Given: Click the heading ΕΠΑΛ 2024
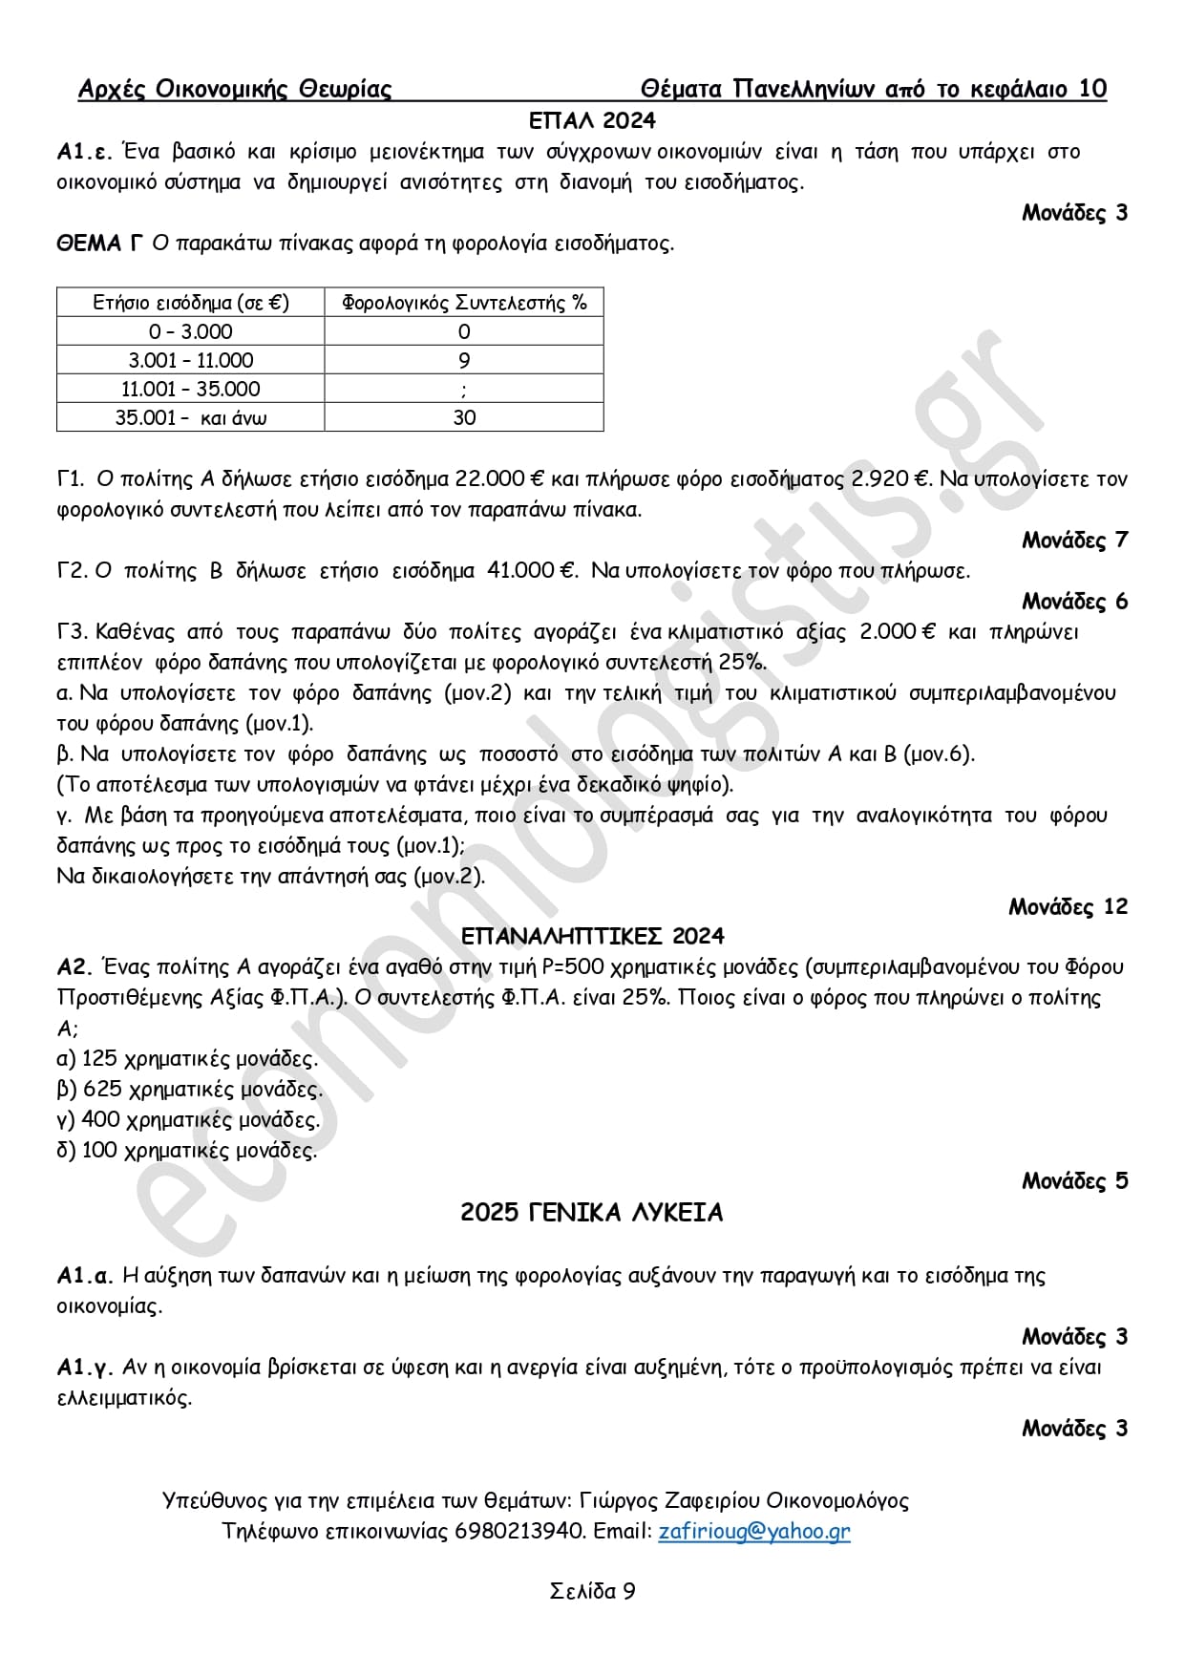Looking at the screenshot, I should click(x=592, y=120).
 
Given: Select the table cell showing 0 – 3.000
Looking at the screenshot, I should click(x=190, y=331).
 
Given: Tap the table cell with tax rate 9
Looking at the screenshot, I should click(x=464, y=360).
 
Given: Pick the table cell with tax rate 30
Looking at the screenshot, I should click(x=464, y=417).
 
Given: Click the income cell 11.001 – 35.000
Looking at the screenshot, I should click(x=190, y=389).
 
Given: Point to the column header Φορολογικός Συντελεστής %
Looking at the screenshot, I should click(x=464, y=303).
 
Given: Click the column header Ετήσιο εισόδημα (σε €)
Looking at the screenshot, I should click(x=190, y=303).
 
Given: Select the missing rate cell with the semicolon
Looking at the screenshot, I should click(x=464, y=390).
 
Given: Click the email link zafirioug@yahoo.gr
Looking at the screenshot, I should click(x=753, y=1531).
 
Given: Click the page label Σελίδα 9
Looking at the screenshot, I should click(x=592, y=1591).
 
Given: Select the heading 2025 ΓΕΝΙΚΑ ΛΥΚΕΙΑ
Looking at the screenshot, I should click(x=592, y=1213).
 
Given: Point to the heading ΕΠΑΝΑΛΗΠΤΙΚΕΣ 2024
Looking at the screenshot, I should click(x=592, y=936).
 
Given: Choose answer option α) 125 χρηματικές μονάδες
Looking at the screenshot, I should click(x=187, y=1058).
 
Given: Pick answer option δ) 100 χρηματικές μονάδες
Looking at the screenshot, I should click(x=187, y=1150).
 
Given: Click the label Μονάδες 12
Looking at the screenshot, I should click(x=1068, y=906).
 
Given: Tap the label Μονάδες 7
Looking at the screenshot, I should click(x=1074, y=541).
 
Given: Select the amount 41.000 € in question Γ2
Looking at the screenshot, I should click(x=533, y=571).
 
